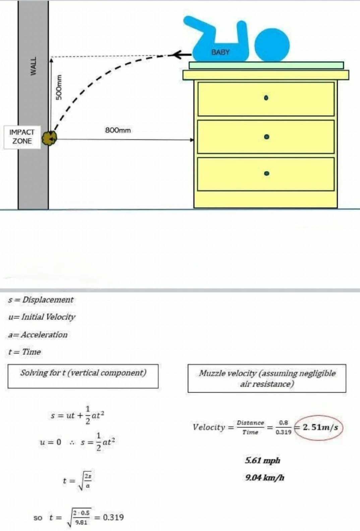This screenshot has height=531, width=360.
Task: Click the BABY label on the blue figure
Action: click(220, 52)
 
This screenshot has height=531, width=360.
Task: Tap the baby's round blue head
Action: click(272, 45)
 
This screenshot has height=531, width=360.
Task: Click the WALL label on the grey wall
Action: click(34, 66)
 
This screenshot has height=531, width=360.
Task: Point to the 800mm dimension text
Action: click(118, 130)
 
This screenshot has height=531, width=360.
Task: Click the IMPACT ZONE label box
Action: click(22, 137)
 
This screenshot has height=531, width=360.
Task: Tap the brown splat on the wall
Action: click(50, 138)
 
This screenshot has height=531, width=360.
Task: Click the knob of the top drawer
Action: click(266, 98)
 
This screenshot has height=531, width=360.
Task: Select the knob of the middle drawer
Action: click(266, 137)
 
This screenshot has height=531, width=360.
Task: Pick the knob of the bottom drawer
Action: click(266, 173)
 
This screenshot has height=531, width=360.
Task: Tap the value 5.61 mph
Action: click(262, 460)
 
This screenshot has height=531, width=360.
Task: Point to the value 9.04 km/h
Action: click(265, 477)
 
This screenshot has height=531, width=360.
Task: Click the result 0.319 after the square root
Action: click(113, 517)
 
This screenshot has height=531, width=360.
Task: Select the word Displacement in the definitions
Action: click(48, 300)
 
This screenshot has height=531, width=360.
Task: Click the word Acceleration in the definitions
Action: click(44, 334)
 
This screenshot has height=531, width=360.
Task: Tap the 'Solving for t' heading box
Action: click(83, 376)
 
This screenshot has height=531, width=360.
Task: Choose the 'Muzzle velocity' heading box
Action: click(267, 378)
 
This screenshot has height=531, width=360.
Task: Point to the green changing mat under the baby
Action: click(266, 65)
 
